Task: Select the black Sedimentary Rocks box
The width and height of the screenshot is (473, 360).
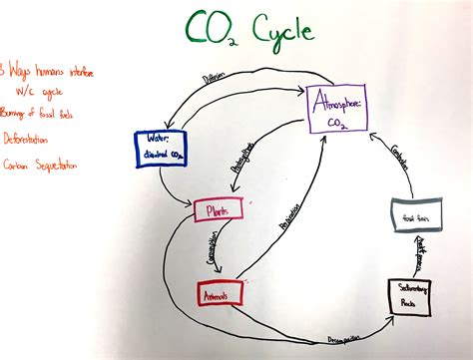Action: (x=408, y=295)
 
